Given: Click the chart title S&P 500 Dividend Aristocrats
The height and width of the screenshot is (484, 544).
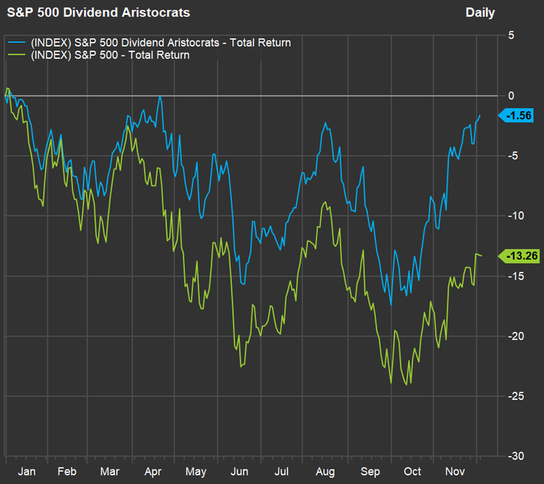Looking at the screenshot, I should point(98,13).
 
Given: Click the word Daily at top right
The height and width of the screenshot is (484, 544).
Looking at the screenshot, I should point(479,13).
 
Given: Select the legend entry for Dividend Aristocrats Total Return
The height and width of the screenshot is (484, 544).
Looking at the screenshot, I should point(159,43).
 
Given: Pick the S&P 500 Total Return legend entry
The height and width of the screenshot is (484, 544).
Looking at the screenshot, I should point(108,55).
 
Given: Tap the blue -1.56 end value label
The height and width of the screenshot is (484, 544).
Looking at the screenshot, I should point(518,116).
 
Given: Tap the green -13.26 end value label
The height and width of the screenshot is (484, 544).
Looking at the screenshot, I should point(520,256).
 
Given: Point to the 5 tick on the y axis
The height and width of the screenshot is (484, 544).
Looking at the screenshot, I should point(511,36).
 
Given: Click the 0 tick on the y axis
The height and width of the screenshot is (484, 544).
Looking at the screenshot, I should point(511,96).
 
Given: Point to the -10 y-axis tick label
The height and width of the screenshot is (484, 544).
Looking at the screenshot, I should point(515,216).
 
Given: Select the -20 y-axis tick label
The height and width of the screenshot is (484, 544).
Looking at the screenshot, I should point(515,336).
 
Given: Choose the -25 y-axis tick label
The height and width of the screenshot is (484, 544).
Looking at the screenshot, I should point(515,396).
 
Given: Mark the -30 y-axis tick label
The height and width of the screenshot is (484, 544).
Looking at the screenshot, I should point(515,456).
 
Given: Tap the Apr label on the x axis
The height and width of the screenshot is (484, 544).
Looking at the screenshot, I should point(153,472).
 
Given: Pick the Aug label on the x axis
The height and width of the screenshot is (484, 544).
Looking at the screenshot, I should point(326,472).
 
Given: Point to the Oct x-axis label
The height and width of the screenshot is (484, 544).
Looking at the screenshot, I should point(412,472).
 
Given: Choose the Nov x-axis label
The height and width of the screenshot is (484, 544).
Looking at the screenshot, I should point(455,472).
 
